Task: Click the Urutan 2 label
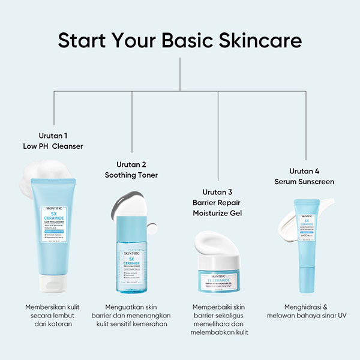(131, 164)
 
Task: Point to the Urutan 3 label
(217, 192)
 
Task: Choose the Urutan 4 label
(305, 170)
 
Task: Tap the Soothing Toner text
(131, 175)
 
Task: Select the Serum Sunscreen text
(305, 181)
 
